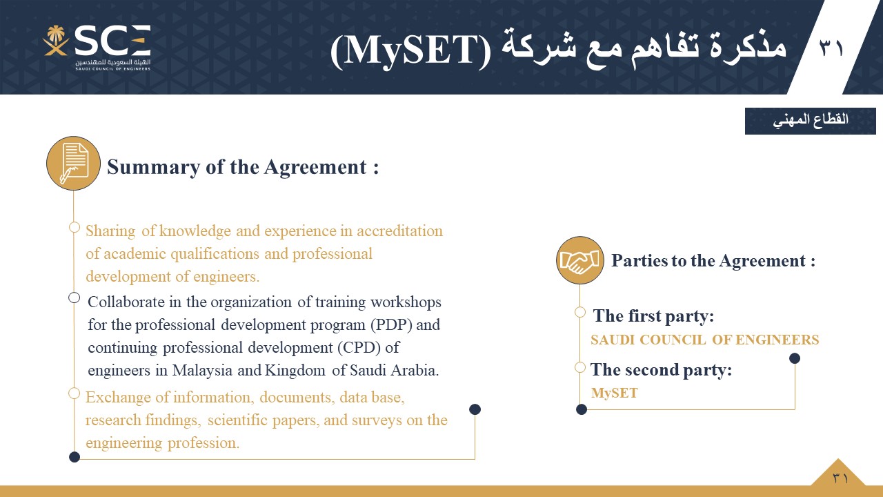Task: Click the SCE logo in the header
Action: tap(97, 48)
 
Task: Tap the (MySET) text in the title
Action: tap(410, 51)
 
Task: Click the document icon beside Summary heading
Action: tap(73, 164)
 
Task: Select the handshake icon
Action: tap(580, 260)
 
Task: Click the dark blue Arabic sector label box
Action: tap(811, 121)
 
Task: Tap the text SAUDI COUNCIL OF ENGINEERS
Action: tap(705, 340)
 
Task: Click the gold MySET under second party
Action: tap(614, 393)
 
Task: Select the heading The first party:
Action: tap(653, 316)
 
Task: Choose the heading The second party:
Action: tap(661, 370)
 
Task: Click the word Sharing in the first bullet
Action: tap(110, 231)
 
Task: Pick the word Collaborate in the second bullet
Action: tap(126, 302)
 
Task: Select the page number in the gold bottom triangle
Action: tap(840, 478)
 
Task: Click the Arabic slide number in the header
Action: tap(831, 48)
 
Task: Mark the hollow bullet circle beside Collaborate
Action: tap(74, 298)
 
